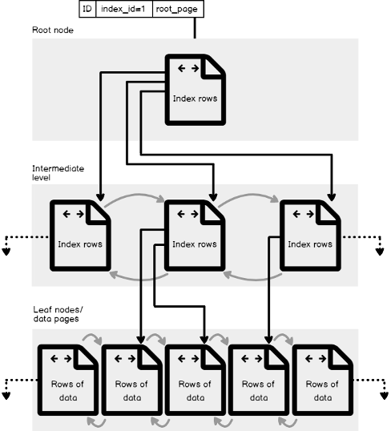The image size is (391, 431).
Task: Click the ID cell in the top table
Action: [x=87, y=9]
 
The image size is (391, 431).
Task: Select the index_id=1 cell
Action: [x=124, y=9]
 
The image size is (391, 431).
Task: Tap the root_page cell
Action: [x=178, y=9]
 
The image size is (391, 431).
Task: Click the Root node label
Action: [x=53, y=30]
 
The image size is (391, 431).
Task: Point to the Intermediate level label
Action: [x=58, y=173]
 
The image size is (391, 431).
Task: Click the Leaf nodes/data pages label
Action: [x=58, y=314]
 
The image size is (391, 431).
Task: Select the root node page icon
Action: [x=195, y=90]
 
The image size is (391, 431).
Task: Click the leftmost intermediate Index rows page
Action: [x=80, y=236]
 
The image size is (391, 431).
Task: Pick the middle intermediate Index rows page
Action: [x=195, y=236]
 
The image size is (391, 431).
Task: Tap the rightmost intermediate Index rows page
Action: [x=310, y=236]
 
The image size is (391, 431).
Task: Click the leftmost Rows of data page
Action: [x=68, y=380]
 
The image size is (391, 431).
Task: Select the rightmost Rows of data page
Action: [x=323, y=380]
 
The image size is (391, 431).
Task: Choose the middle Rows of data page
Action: [x=195, y=380]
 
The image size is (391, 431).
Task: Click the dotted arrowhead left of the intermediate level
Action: [x=6, y=252]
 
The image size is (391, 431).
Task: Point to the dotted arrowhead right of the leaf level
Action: [x=384, y=396]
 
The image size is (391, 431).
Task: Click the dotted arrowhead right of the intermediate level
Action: [x=380, y=252]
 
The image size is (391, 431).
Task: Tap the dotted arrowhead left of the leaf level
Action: [x=6, y=396]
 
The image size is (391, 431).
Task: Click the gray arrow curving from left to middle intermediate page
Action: [x=135, y=195]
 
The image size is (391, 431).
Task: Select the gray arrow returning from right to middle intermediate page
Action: [x=253, y=280]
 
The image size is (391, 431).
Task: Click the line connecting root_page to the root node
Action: [x=195, y=28]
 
